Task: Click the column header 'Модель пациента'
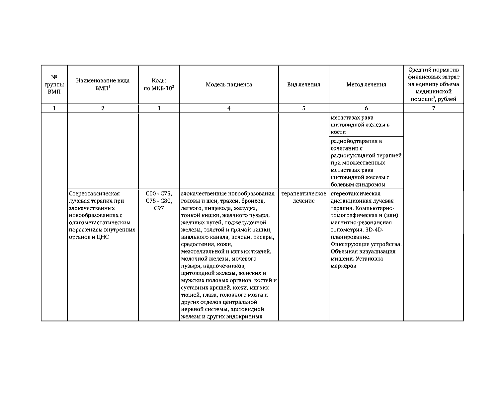(x=229, y=85)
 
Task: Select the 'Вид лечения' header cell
(x=303, y=85)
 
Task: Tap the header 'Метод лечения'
(x=366, y=85)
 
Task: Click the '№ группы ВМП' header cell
(x=54, y=85)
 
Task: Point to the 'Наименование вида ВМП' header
(x=103, y=85)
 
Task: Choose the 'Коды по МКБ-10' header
(x=159, y=85)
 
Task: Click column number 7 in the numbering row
(x=434, y=108)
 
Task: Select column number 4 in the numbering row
(x=229, y=108)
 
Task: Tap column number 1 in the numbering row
(x=54, y=108)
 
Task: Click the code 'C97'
(x=159, y=208)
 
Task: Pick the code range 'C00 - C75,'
(x=159, y=194)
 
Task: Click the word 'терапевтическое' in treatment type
(x=303, y=194)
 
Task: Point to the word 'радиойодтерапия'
(x=352, y=141)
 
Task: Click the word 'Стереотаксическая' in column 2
(x=94, y=194)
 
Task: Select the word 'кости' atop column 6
(x=338, y=132)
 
